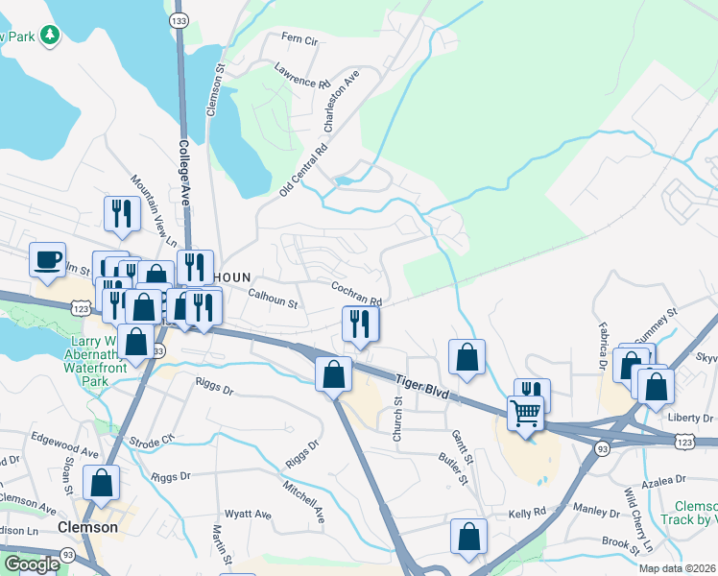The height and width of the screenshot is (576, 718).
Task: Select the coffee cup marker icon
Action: [x=47, y=260]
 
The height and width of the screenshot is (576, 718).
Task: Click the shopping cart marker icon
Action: [x=525, y=414]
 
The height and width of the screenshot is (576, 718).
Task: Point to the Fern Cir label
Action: [x=299, y=39]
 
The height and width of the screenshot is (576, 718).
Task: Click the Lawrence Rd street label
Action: [x=301, y=76]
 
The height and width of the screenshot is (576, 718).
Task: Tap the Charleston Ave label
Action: [x=341, y=100]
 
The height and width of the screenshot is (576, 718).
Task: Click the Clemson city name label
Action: [x=87, y=527]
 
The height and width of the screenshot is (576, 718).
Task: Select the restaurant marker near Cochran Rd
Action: [x=361, y=324]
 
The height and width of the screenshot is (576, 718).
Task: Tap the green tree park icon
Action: [x=48, y=36]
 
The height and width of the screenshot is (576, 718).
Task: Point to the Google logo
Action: [x=31, y=564]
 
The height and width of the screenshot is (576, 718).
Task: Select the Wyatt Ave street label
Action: [x=247, y=515]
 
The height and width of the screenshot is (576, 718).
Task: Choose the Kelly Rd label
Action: [x=527, y=514]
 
